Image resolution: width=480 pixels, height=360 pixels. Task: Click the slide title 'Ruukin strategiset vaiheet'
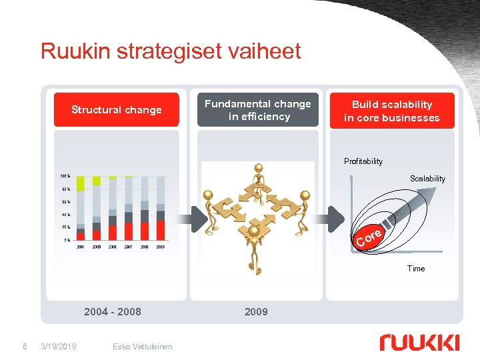171,51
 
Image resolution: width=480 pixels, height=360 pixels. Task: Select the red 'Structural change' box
117,110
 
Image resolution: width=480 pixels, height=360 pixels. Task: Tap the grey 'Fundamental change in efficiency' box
257,110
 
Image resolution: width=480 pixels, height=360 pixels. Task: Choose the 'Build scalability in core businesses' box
392,111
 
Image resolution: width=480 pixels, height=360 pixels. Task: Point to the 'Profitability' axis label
363,161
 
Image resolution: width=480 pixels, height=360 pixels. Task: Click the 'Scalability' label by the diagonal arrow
427,179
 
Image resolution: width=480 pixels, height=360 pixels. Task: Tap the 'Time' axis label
416,269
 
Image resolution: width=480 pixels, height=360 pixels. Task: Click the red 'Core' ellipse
369,237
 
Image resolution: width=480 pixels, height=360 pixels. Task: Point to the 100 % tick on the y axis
64,177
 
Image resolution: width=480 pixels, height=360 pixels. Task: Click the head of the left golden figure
209,195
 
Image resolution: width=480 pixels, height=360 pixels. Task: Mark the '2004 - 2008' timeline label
113,311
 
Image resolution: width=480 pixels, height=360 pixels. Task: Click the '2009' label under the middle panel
256,311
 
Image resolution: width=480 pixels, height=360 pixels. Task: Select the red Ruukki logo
419,343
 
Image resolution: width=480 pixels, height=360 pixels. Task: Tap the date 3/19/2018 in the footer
59,346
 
